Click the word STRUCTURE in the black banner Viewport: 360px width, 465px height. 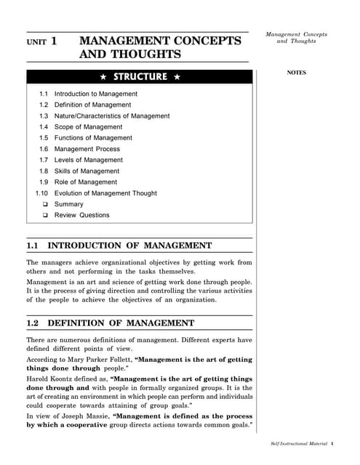pyautogui.click(x=140, y=76)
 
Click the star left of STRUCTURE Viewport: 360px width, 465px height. pyautogui.click(x=104, y=76)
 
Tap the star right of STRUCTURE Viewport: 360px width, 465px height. pyautogui.click(x=177, y=76)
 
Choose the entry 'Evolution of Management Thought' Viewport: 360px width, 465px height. pyautogui.click(x=105, y=193)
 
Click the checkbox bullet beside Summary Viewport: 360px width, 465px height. pyautogui.click(x=45, y=204)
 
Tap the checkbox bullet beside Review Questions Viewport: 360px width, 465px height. pyautogui.click(x=45, y=215)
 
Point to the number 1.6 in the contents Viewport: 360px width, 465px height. pyautogui.click(x=43, y=149)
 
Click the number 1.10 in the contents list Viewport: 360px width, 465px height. pyautogui.click(x=41, y=193)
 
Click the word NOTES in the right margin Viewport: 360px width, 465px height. pyautogui.click(x=296, y=73)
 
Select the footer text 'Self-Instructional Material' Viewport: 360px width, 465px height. pyautogui.click(x=295, y=442)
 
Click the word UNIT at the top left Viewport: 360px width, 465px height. pyautogui.click(x=35, y=43)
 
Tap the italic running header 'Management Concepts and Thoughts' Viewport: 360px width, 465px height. pyautogui.click(x=296, y=38)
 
